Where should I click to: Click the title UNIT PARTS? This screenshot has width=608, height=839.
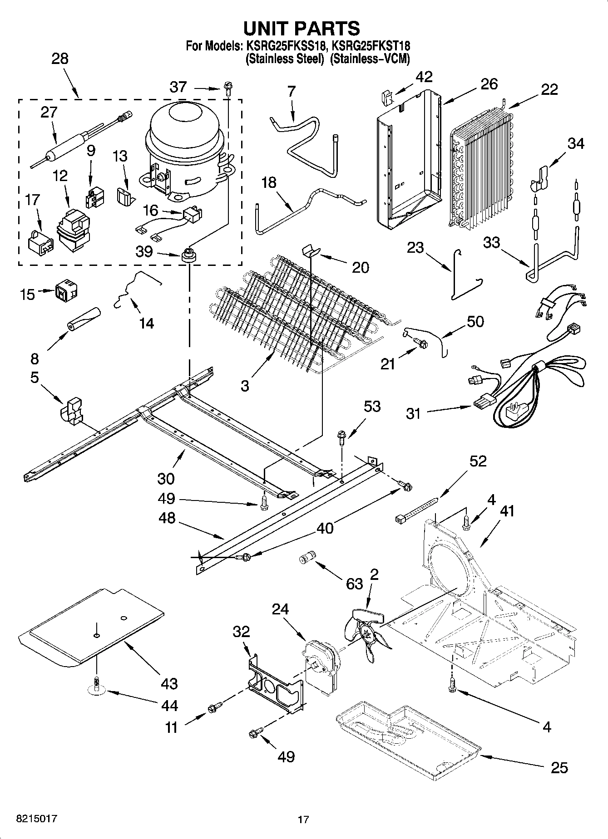pos(302,29)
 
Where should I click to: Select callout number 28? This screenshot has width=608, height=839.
pos(60,59)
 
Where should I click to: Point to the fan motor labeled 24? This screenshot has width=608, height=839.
pos(321,663)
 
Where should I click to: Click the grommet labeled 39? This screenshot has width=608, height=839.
pos(188,256)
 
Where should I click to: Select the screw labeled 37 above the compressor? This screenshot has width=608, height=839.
pos(227,88)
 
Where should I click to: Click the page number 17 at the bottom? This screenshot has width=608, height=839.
pos(303,819)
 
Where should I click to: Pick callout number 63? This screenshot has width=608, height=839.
pos(354,583)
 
